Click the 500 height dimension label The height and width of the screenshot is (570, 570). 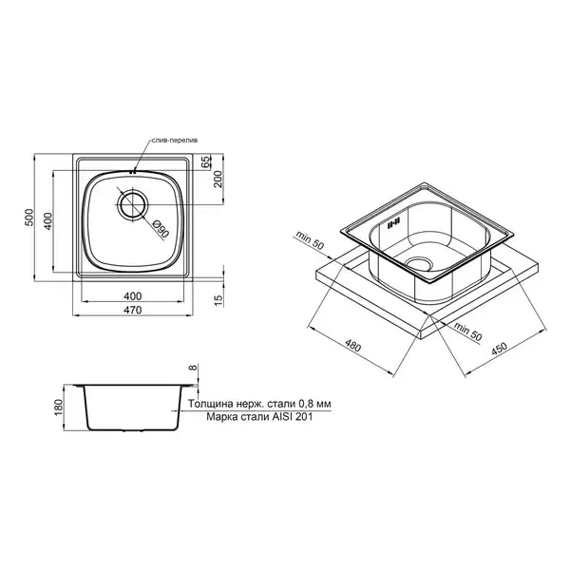[29, 218]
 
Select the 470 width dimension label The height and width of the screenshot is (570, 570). [132, 310]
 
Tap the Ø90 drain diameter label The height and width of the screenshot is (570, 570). [161, 229]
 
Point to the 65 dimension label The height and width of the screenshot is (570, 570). [206, 161]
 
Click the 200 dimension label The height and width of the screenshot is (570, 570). [217, 179]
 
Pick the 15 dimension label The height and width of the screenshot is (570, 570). [218, 300]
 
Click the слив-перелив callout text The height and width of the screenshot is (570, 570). [175, 140]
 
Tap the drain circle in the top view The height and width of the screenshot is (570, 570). [132, 204]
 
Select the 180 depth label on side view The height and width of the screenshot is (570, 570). [59, 408]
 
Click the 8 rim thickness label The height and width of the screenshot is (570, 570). [193, 368]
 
